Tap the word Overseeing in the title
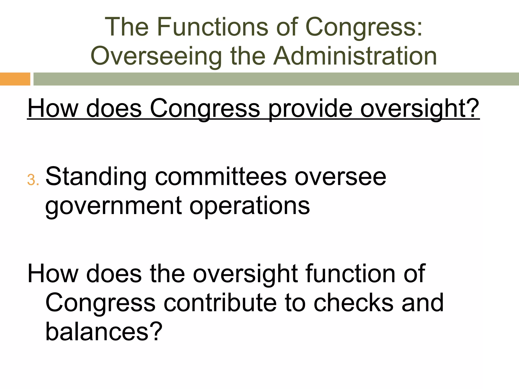[x=156, y=56]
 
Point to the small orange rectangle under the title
[x=15, y=79]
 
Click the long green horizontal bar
[x=276, y=79]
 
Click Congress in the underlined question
[x=205, y=109]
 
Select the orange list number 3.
[x=31, y=180]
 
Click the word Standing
[x=96, y=177]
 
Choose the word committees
[x=221, y=177]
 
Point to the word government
[x=113, y=206]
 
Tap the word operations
[x=250, y=206]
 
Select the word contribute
[x=220, y=303]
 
